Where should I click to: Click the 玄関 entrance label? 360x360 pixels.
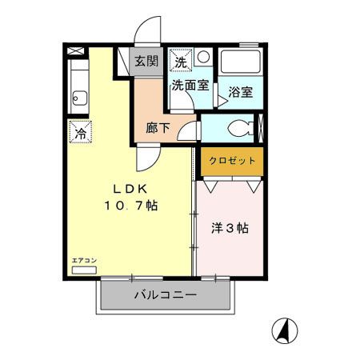point(146,62)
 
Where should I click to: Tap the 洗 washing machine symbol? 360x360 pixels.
point(181,61)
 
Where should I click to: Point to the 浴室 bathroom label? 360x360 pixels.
point(240,91)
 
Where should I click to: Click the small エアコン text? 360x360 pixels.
point(83,262)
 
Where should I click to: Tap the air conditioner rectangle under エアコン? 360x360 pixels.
point(83,270)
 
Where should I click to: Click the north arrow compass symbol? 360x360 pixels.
point(286,328)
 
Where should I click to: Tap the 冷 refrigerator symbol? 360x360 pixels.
point(80,131)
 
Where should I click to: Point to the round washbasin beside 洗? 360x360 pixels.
point(203,58)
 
